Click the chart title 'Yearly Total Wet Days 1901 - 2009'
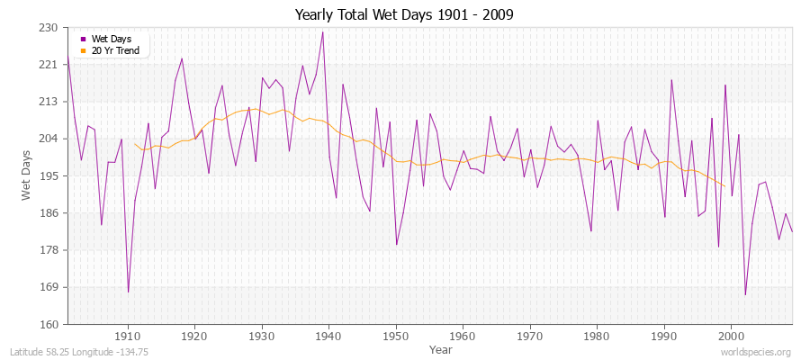coord(404,15)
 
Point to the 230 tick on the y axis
coord(49,28)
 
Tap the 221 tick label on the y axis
coord(49,65)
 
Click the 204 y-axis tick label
coord(49,139)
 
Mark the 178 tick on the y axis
coord(49,250)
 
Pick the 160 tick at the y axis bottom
coord(49,324)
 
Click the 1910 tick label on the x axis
coord(128,336)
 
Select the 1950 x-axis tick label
coord(396,336)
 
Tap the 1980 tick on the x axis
coord(597,336)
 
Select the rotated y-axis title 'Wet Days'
coord(27,176)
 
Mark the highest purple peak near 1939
coord(322,32)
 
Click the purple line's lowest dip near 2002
coord(745,294)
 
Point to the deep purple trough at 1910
coord(128,292)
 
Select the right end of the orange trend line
coord(724,186)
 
